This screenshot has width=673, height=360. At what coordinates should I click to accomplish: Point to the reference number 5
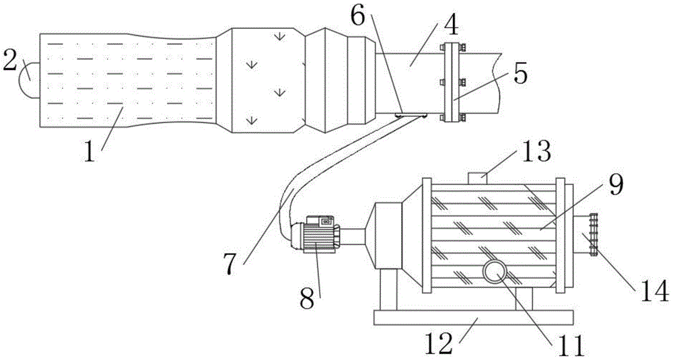pyautogui.click(x=520, y=74)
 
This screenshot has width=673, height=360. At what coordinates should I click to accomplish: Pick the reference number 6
pyautogui.click(x=358, y=16)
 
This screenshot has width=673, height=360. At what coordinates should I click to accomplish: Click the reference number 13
pyautogui.click(x=536, y=151)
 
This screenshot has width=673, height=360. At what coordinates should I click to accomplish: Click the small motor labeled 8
pyautogui.click(x=316, y=233)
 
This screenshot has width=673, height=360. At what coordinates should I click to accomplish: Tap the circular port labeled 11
pyautogui.click(x=495, y=272)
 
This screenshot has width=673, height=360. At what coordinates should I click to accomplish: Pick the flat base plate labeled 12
pyautogui.click(x=473, y=318)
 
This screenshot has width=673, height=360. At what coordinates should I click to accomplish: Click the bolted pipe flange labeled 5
pyautogui.click(x=451, y=82)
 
